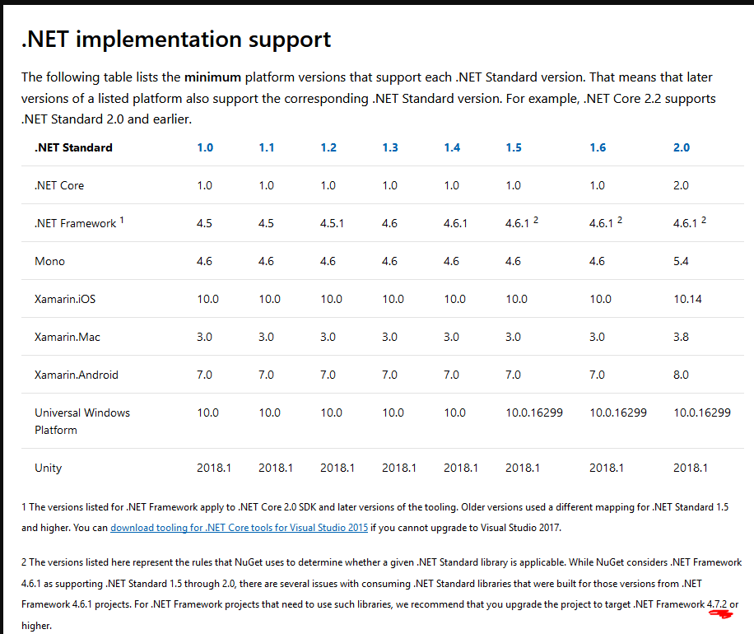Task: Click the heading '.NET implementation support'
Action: click(176, 39)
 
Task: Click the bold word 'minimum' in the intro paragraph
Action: click(212, 77)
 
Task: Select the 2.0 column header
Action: click(681, 147)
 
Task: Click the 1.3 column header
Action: click(389, 147)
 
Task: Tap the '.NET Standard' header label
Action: click(73, 147)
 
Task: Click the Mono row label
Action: click(49, 261)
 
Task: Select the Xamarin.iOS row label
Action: click(65, 299)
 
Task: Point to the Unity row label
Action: click(48, 468)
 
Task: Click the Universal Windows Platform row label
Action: click(81, 421)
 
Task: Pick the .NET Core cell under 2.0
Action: click(681, 185)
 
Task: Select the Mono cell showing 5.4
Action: click(681, 261)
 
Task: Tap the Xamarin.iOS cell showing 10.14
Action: click(687, 299)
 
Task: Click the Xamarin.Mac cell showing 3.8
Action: click(681, 337)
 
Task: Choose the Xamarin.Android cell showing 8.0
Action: click(681, 375)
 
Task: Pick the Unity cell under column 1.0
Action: click(214, 468)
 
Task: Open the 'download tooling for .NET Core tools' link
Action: click(239, 528)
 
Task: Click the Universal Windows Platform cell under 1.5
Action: click(534, 413)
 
